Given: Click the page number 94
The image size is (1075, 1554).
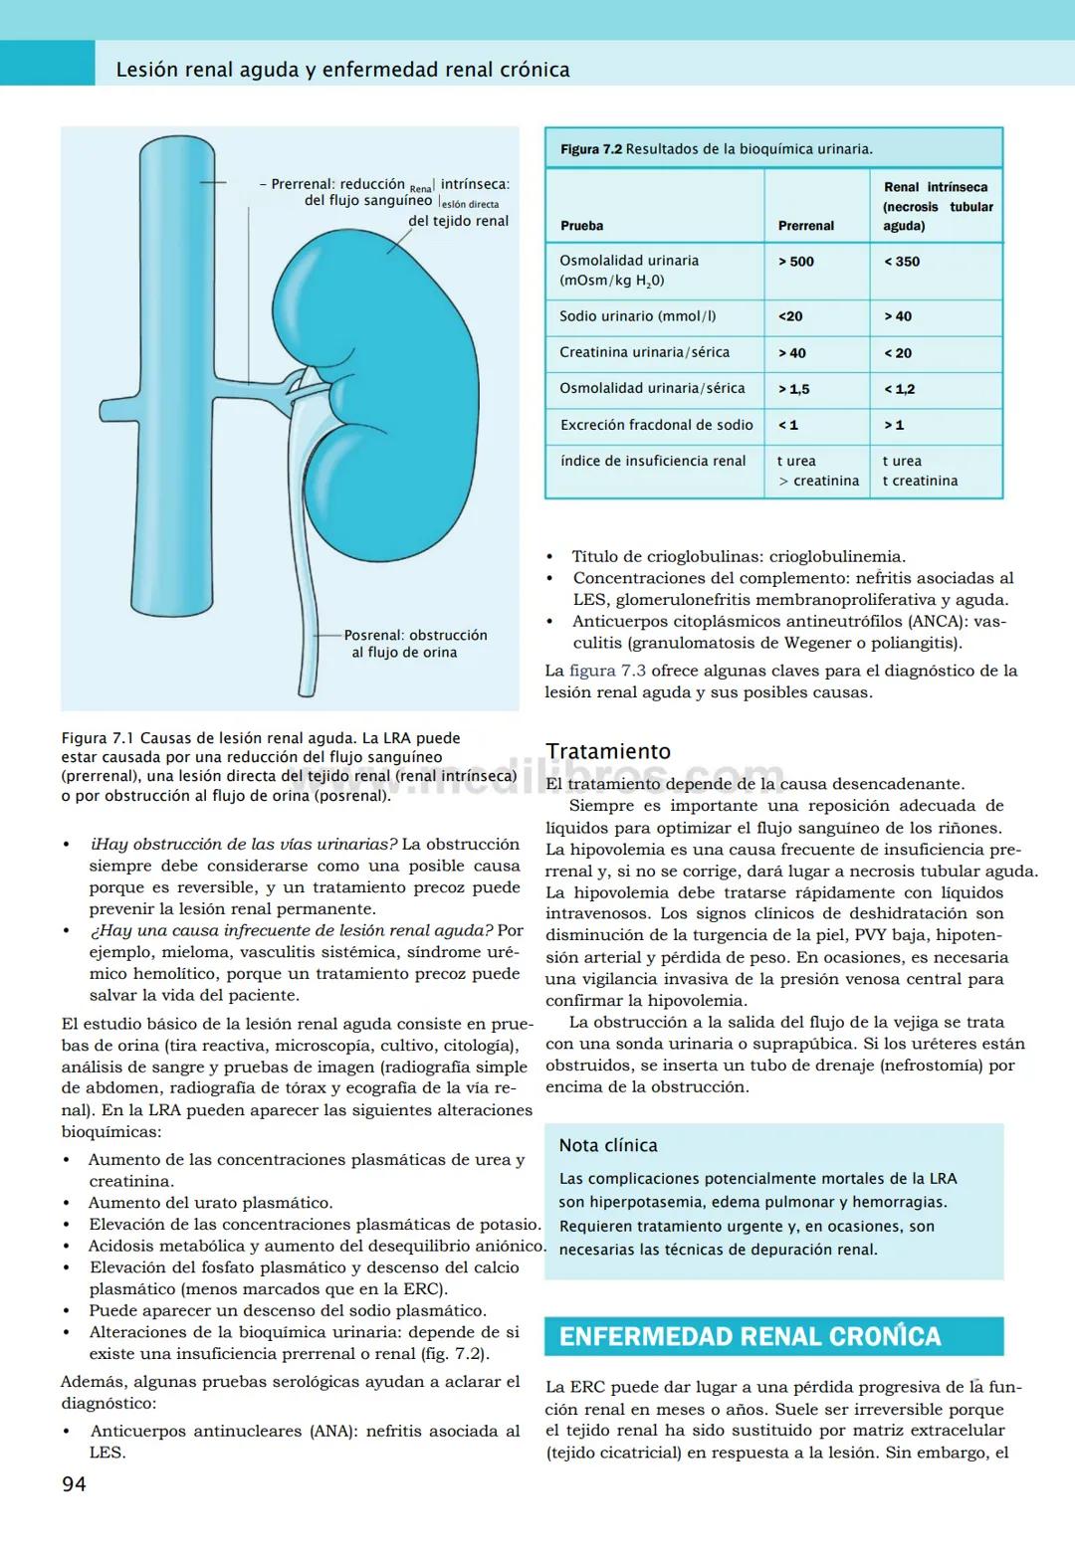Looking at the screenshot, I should pyautogui.click(x=74, y=1484).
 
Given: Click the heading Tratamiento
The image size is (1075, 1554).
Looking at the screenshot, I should pyautogui.click(x=608, y=751).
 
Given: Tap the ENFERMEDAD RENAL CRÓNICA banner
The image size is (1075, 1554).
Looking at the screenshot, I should pyautogui.click(x=750, y=1336).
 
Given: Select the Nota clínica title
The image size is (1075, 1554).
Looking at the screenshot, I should pyautogui.click(x=608, y=1145).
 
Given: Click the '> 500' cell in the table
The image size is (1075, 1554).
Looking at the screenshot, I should pyautogui.click(x=796, y=262).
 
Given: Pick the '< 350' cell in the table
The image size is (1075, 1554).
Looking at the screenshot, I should pyautogui.click(x=902, y=262).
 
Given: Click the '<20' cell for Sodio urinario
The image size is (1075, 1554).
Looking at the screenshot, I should pyautogui.click(x=790, y=316).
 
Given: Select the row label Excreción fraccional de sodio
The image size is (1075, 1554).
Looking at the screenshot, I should pyautogui.click(x=656, y=425).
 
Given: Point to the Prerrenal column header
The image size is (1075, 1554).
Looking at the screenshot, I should pyautogui.click(x=806, y=226).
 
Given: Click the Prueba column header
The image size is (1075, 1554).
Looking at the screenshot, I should pyautogui.click(x=582, y=226).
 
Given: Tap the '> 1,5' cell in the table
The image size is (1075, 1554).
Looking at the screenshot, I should pyautogui.click(x=794, y=389).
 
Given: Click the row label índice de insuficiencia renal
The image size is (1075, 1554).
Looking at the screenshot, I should pyautogui.click(x=652, y=461).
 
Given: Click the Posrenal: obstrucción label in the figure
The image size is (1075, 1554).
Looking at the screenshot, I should pyautogui.click(x=415, y=635).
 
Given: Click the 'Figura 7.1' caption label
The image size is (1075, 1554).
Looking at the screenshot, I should pyautogui.click(x=97, y=738).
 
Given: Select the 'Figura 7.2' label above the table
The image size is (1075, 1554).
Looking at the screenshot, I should pyautogui.click(x=591, y=149).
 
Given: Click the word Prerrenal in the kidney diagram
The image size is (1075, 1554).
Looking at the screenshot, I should pyautogui.click(x=302, y=184).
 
